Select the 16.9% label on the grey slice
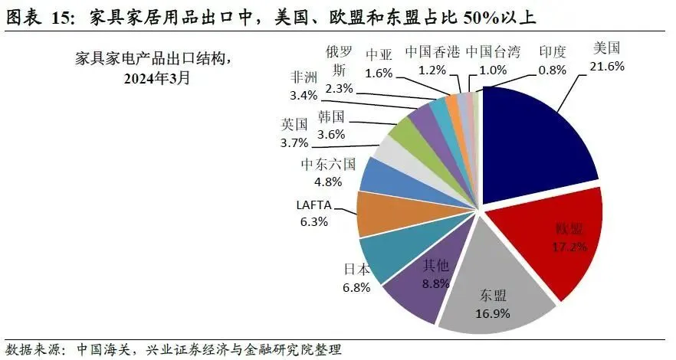(x=494, y=312)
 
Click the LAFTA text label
(x=312, y=205)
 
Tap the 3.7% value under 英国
(x=294, y=142)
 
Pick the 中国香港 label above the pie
(x=433, y=52)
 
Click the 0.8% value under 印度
(x=552, y=70)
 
